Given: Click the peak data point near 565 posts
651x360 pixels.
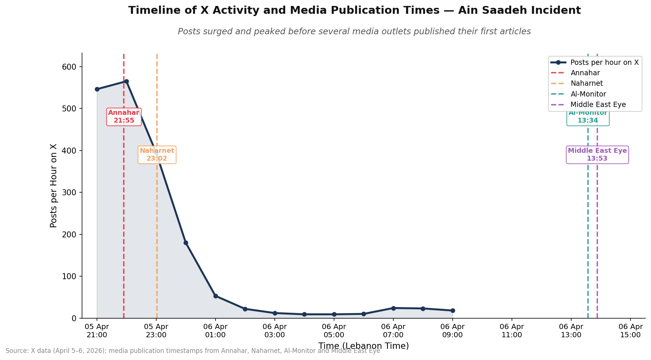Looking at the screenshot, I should [126, 81].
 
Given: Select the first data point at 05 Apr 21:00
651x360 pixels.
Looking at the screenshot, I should [97, 89].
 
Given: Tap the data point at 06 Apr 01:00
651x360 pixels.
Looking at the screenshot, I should [216, 296].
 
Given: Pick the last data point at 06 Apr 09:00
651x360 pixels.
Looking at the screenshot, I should [453, 310].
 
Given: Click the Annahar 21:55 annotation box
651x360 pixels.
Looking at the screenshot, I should [124, 117].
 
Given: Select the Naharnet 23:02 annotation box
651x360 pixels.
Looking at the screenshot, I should [157, 155].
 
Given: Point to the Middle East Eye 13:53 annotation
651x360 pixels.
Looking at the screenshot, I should [597, 155].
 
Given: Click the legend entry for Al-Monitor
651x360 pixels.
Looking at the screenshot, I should [588, 94].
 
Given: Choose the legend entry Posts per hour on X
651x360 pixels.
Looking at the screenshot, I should [604, 63].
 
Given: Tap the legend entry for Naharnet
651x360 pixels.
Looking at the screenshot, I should [586, 83].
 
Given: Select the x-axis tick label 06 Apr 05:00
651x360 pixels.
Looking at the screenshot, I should [334, 331].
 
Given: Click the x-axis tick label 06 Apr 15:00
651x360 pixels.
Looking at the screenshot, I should [630, 331].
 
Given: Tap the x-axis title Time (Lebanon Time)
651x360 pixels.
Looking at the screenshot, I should [364, 346].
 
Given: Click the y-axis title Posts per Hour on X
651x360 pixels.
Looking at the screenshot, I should [54, 186].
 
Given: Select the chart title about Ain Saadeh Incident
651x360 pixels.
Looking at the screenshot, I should [354, 10].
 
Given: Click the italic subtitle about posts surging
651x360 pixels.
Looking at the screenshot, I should [354, 32].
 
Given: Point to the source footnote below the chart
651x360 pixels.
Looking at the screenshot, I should [193, 351].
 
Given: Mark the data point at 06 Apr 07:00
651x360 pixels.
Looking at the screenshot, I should [393, 308].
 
